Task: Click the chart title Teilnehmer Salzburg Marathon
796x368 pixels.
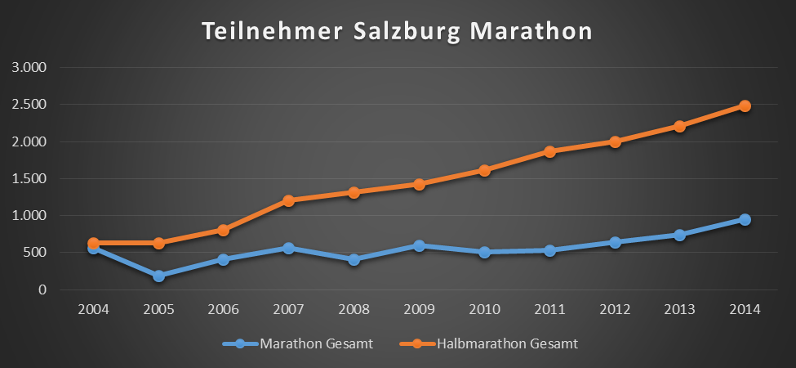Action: [397, 32]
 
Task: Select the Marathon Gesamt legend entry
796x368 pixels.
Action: [316, 344]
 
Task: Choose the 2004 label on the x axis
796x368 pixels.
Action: [93, 310]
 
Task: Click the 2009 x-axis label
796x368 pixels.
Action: [419, 310]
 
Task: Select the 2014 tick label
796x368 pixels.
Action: [745, 310]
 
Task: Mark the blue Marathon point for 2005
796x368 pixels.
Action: [158, 276]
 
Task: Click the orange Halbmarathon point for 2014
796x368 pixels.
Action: [745, 105]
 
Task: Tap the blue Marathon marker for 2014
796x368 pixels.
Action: [745, 219]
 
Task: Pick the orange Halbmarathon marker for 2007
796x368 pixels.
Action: [288, 200]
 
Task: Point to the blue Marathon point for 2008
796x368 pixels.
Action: [354, 259]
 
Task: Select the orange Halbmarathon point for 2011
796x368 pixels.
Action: [549, 151]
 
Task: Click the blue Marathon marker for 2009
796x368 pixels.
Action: [419, 245]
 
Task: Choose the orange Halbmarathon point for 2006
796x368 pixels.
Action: [224, 230]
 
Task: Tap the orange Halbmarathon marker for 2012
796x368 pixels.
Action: [615, 141]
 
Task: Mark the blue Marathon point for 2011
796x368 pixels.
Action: [549, 250]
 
